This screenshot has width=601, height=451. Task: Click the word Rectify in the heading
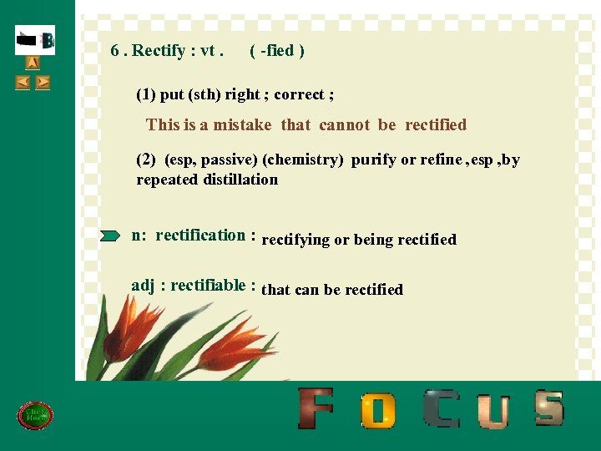[x=159, y=51]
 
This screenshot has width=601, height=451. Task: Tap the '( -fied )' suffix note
[x=277, y=51]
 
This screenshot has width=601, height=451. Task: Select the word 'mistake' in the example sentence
[x=242, y=125]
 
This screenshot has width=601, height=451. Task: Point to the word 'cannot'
[x=344, y=125]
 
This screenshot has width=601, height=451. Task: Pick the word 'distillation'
[x=238, y=180]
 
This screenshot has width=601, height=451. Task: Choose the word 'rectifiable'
[x=208, y=286]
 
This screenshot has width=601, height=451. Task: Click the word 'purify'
[x=373, y=160]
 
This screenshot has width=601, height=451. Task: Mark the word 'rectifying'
[x=295, y=240]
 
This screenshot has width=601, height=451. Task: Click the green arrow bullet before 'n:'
[x=110, y=236]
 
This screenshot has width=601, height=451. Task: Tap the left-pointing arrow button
[x=23, y=82]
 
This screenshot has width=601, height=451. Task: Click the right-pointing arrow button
[x=43, y=82]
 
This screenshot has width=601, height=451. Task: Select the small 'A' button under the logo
[x=33, y=63]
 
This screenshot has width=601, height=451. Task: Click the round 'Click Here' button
[x=35, y=415]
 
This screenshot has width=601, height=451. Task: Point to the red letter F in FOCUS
[x=316, y=408]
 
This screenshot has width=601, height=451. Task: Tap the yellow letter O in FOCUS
[x=378, y=410]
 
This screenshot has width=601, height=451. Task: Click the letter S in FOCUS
[x=548, y=408]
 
